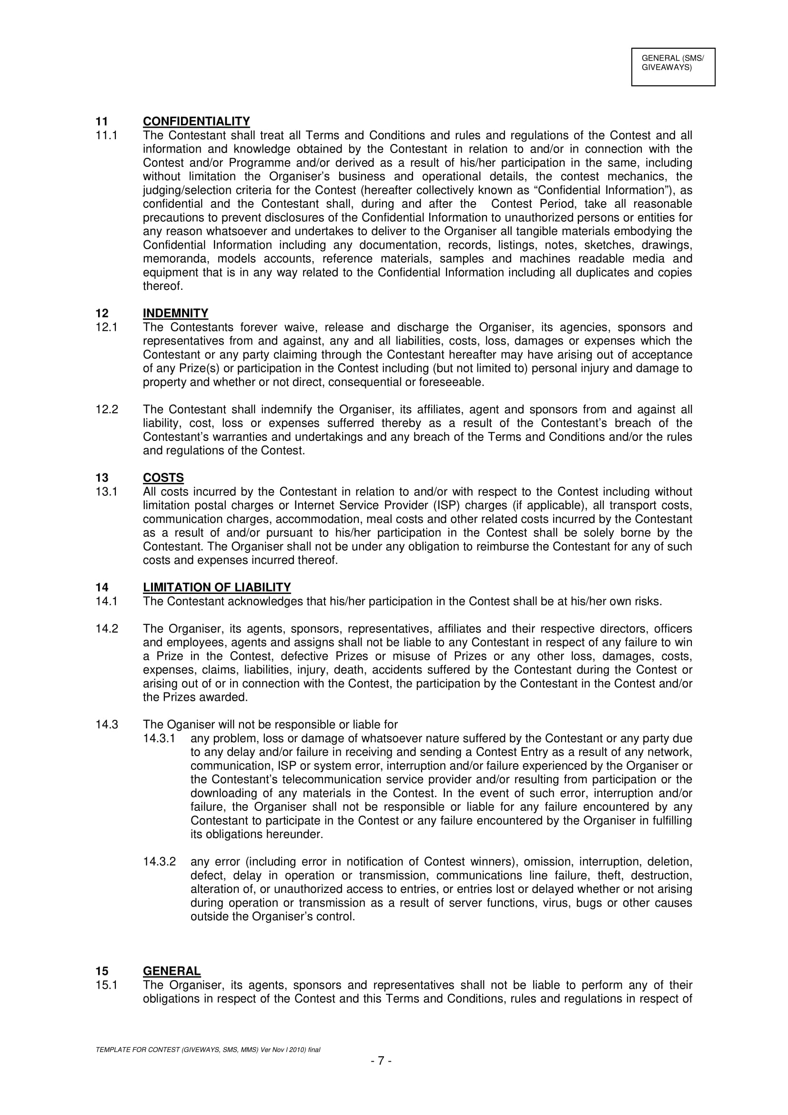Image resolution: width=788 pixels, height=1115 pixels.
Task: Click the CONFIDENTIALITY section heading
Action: (x=196, y=122)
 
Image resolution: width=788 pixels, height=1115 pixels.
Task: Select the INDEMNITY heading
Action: (x=175, y=313)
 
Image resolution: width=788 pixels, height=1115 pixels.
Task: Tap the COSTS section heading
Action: (x=163, y=478)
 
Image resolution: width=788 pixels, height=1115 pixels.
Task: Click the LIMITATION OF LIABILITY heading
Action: (x=216, y=588)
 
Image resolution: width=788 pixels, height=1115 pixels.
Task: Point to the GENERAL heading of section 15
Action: (x=172, y=971)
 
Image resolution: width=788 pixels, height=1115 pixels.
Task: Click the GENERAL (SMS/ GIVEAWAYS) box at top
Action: (x=673, y=67)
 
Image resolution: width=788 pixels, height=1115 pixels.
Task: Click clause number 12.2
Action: (x=107, y=409)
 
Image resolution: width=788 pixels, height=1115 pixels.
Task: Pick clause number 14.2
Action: (x=107, y=629)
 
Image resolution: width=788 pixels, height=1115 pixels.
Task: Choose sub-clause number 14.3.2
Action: (x=159, y=862)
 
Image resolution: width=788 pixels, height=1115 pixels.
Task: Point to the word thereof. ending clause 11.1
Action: (x=163, y=286)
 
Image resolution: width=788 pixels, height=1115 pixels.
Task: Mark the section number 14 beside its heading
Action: (x=102, y=588)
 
